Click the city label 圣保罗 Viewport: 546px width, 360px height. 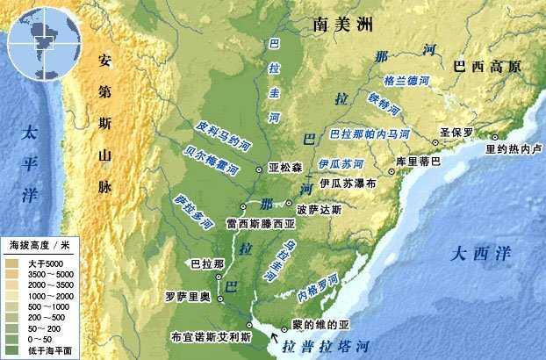click(457, 133)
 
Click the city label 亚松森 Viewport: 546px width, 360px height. click(285, 167)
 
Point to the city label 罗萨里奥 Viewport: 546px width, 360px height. click(192, 295)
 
